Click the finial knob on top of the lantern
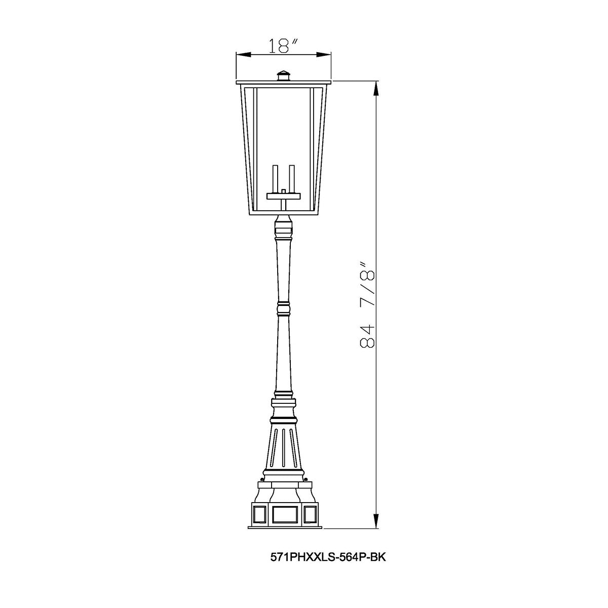pos(284,74)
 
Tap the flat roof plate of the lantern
pos(284,82)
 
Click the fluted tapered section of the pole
pos(284,446)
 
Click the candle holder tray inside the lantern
pos(284,194)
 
